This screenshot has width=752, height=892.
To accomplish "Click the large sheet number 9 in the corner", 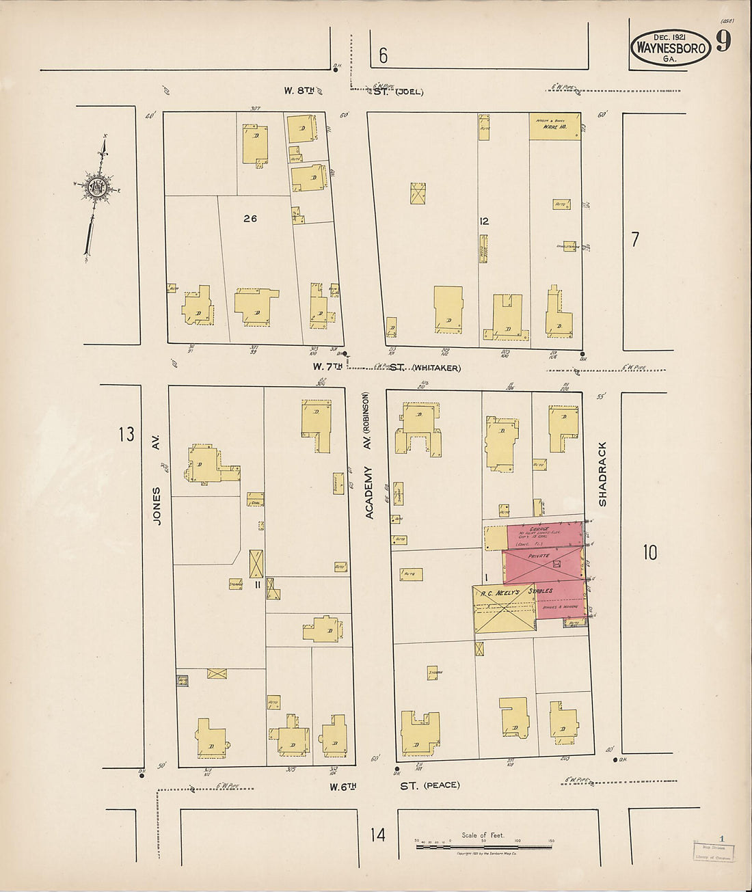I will coord(723,42).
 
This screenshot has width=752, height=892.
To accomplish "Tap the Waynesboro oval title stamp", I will coord(670,48).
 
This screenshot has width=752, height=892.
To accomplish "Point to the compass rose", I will coord(97,186).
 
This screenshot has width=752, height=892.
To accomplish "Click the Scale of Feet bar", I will coord(484,847).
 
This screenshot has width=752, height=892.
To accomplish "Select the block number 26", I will coord(250,219).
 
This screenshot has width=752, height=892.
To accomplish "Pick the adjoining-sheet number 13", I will coord(126,434).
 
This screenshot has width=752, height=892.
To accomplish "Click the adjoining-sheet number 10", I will coord(649,552).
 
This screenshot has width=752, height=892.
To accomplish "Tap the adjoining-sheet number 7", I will coord(635,240).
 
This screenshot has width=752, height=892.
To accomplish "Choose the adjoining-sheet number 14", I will coord(378,835).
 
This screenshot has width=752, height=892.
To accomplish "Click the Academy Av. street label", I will coord(368,492).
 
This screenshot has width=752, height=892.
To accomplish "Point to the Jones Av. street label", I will coord(157,506).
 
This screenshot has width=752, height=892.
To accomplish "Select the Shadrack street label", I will coord(602,474).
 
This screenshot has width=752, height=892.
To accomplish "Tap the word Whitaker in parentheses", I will coord(436,368).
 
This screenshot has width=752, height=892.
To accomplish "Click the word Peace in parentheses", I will coord(442,785).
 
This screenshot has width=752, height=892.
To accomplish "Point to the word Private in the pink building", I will coord(539,557).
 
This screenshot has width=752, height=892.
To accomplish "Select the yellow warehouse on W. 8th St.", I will coord(554,126).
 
